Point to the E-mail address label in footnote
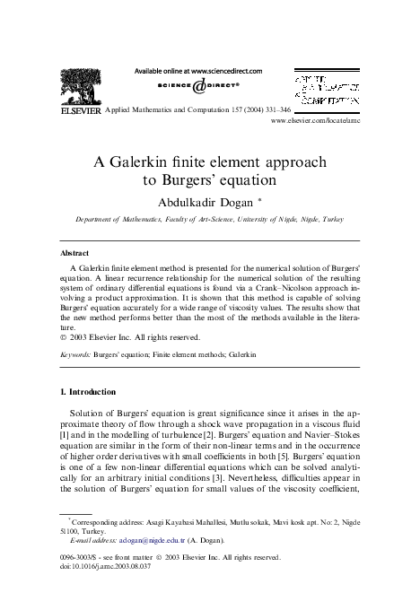click(x=91, y=540)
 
